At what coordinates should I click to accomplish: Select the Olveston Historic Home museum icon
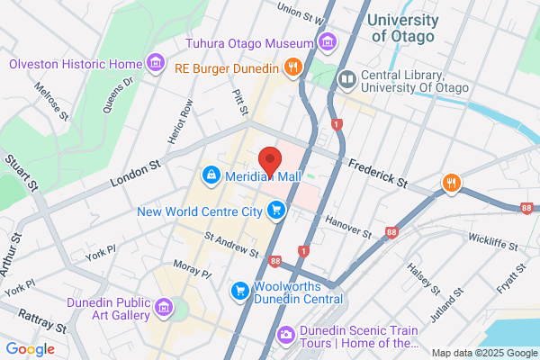(x=157, y=63)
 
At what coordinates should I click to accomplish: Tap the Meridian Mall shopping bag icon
(x=211, y=174)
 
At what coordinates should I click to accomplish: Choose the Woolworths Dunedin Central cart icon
(x=240, y=290)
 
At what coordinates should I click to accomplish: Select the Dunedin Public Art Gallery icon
(x=164, y=309)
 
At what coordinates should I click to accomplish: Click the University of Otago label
(x=403, y=27)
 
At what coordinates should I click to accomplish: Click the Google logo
(x=31, y=349)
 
